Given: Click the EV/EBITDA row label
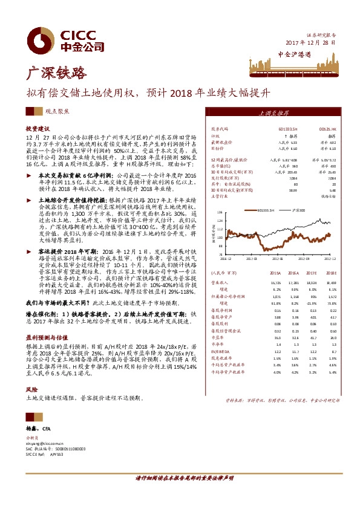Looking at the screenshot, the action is [220, 350].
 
